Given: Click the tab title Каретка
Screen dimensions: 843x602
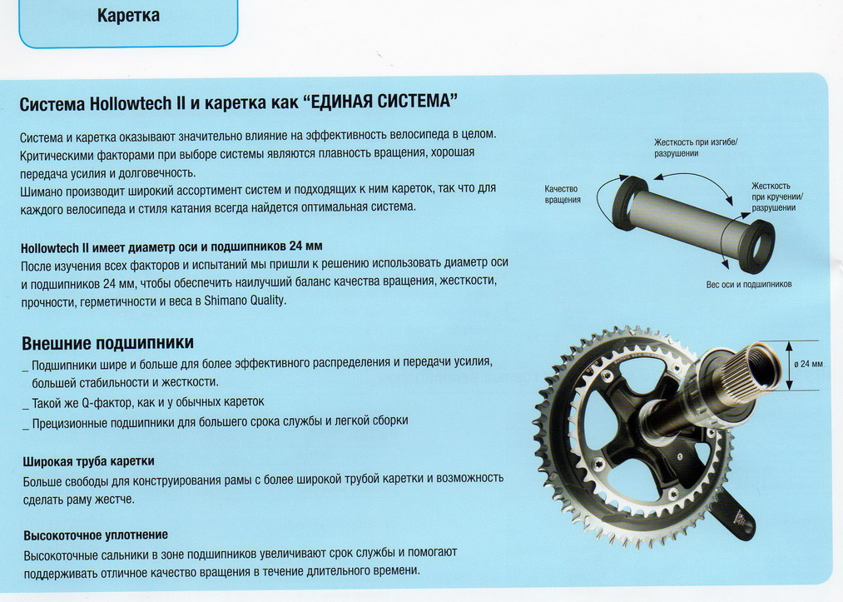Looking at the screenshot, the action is pyautogui.click(x=128, y=16).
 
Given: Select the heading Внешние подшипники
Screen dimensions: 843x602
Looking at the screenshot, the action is pyautogui.click(x=107, y=343).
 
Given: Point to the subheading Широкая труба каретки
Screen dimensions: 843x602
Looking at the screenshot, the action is pyautogui.click(x=89, y=461).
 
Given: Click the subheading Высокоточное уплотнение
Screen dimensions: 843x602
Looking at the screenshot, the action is pyautogui.click(x=96, y=535).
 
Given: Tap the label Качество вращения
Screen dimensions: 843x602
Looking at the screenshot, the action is pyautogui.click(x=563, y=194).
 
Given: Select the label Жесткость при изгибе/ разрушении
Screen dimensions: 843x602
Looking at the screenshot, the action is pyautogui.click(x=696, y=147).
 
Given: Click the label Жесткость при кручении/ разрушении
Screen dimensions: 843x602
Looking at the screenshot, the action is pyautogui.click(x=777, y=197).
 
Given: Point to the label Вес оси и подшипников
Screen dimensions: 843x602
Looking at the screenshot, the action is pyautogui.click(x=749, y=284).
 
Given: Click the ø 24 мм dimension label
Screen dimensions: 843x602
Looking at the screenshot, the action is pyautogui.click(x=809, y=364).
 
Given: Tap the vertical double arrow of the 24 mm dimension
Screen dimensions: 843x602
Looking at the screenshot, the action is pyautogui.click(x=789, y=366).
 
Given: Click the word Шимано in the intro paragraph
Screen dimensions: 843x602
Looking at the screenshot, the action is pyautogui.click(x=41, y=192).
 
